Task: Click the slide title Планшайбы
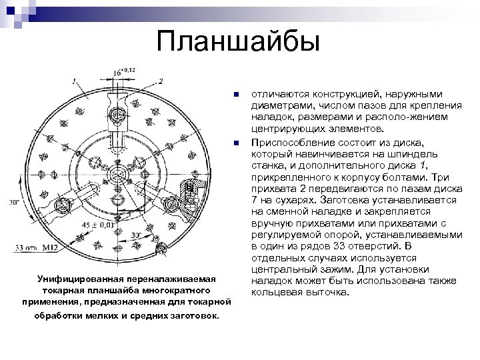[239, 41]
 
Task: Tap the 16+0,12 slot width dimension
[124, 71]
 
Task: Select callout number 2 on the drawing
[161, 81]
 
